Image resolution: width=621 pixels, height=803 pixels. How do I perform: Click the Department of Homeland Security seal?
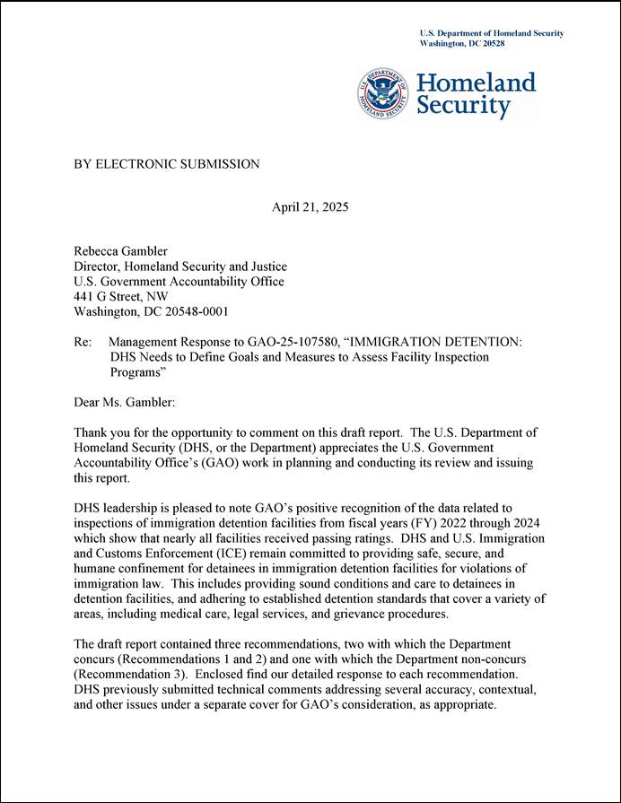(384, 94)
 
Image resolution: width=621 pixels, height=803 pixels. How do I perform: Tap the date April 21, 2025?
(310, 207)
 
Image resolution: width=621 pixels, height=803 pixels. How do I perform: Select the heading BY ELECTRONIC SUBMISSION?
(166, 164)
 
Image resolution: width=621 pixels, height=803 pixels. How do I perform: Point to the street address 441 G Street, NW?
(120, 296)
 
